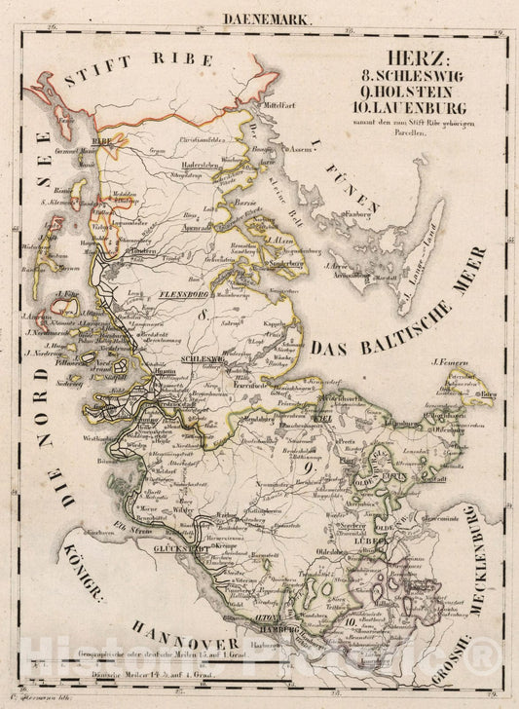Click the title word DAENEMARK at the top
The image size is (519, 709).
[258, 18]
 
